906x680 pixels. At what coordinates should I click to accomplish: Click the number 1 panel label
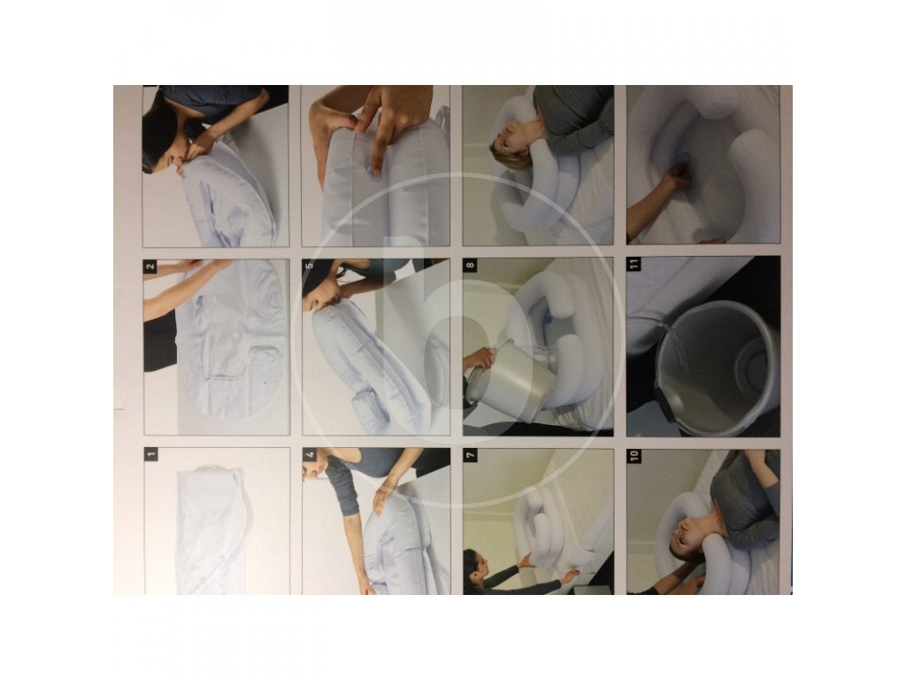click(x=150, y=454)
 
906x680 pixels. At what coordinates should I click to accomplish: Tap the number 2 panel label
click(x=150, y=267)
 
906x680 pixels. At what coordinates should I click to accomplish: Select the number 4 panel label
click(x=310, y=454)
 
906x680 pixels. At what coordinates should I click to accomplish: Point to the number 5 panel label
click(x=309, y=266)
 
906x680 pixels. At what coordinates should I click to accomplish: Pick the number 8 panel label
click(x=471, y=266)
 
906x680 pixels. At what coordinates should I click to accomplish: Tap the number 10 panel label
click(x=634, y=456)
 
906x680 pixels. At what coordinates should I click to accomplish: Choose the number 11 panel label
click(x=633, y=264)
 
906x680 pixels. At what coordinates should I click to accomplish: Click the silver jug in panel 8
click(x=505, y=379)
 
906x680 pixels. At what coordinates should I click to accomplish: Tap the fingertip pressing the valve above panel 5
click(x=376, y=171)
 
